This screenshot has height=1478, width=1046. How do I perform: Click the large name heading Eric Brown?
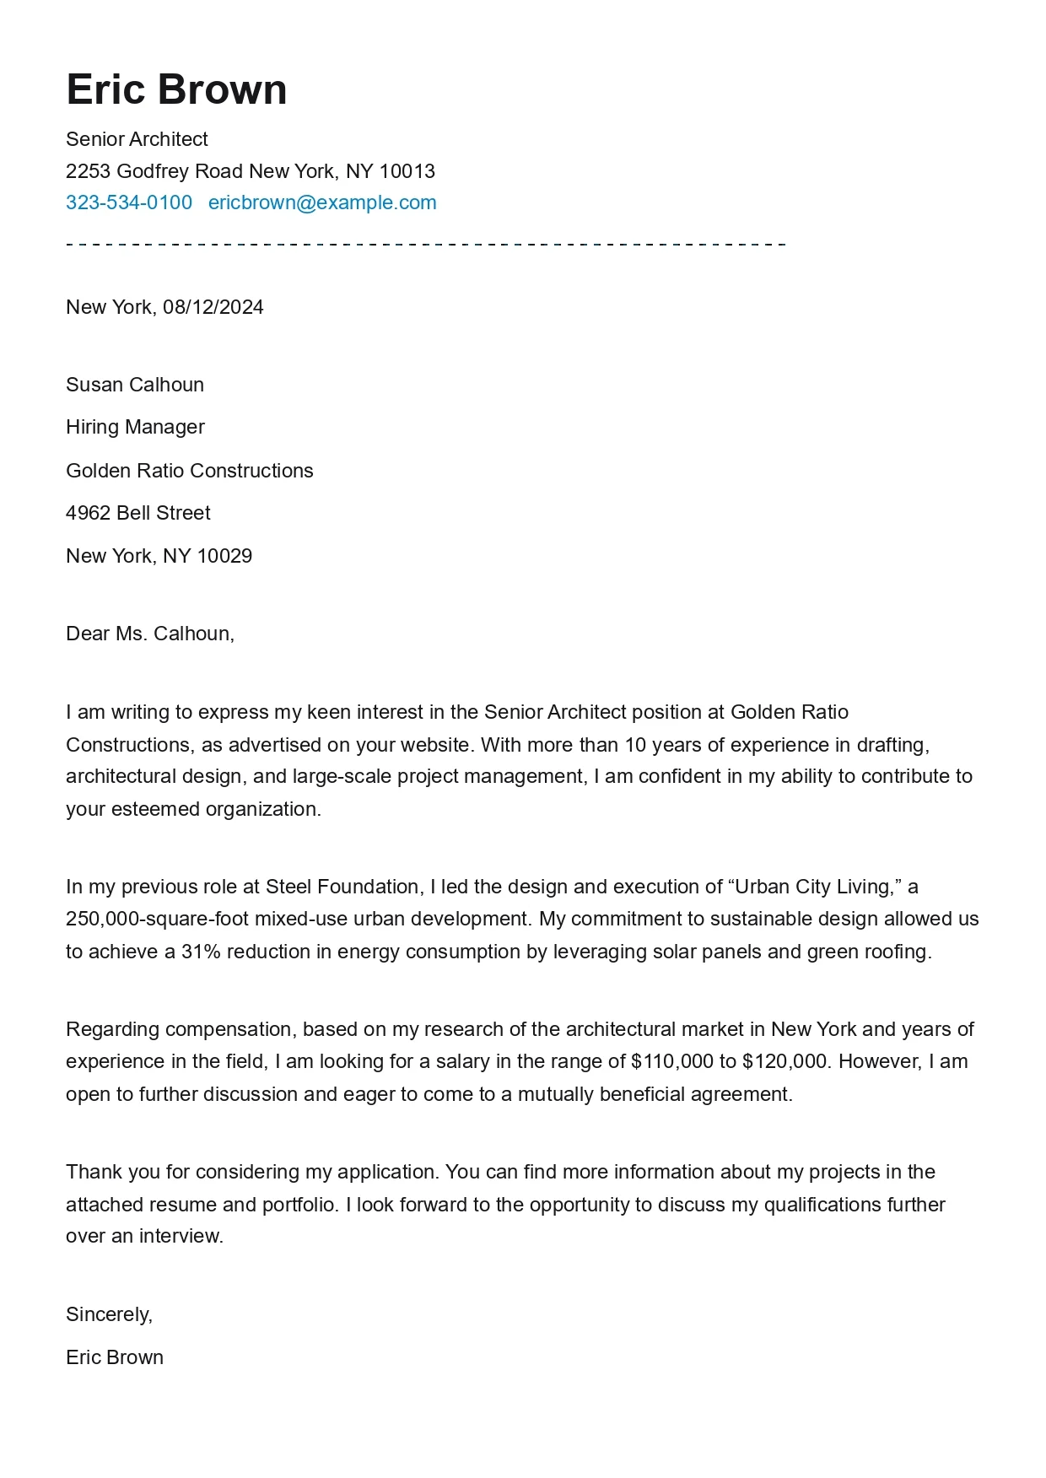[x=176, y=89]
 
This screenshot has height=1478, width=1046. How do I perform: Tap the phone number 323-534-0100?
[x=129, y=202]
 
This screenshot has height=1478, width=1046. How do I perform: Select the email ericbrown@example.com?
[x=322, y=202]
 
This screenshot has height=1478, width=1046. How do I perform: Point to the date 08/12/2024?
[x=213, y=307]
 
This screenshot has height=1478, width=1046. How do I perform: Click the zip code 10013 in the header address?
[x=407, y=171]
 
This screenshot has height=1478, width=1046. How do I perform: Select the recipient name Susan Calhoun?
[x=135, y=385]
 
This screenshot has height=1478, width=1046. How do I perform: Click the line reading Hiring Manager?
[x=135, y=427]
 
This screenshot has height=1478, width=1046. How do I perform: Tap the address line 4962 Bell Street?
[x=138, y=513]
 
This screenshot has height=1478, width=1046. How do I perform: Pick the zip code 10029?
[x=224, y=556]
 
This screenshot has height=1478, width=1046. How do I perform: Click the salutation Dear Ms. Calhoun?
[x=150, y=634]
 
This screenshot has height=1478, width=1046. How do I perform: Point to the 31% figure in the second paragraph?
[x=201, y=952]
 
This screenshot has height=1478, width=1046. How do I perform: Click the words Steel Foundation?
[x=342, y=887]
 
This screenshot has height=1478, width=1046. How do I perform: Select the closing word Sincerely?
[x=110, y=1314]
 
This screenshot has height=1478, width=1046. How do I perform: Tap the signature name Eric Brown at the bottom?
[x=115, y=1357]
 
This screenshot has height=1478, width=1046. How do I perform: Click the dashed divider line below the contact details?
[x=426, y=245]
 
